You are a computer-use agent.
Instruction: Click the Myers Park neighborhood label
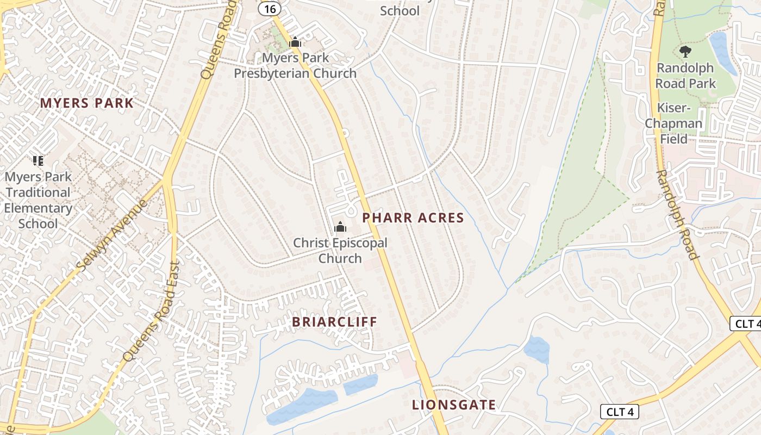[87, 103]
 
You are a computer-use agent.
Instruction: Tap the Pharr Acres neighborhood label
[413, 218]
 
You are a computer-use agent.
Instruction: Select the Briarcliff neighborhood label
[334, 321]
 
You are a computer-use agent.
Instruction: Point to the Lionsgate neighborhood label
[454, 405]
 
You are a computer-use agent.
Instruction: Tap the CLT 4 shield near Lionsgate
[619, 412]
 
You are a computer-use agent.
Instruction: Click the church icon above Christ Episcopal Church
[340, 227]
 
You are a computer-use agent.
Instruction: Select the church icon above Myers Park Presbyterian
[295, 42]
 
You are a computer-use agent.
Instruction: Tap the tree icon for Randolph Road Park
[685, 52]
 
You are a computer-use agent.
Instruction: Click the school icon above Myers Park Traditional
[38, 160]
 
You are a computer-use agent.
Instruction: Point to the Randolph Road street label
[677, 214]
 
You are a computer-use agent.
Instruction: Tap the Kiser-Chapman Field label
[673, 123]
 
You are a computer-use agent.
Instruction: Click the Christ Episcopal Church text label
[340, 250]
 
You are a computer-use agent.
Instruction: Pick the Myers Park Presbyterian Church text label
[295, 65]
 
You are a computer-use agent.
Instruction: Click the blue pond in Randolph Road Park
[722, 52]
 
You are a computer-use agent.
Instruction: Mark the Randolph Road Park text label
[685, 76]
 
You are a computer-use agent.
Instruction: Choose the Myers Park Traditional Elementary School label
[38, 200]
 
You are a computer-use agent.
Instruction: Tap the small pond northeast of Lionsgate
[537, 349]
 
